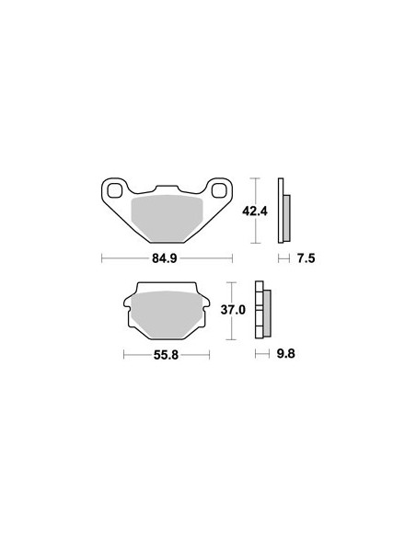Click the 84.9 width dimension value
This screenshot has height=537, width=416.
165,258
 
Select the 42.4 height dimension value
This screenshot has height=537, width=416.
255,211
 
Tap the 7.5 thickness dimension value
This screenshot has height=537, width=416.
306,258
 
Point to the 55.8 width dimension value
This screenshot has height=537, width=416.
166,355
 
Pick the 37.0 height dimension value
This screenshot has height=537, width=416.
233,310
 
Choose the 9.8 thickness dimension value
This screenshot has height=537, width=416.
286,353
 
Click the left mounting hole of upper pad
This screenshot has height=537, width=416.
115,190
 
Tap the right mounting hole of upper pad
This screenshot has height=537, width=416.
219,190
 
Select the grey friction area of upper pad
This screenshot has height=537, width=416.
167,217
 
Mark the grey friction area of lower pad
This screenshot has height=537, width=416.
167,314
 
